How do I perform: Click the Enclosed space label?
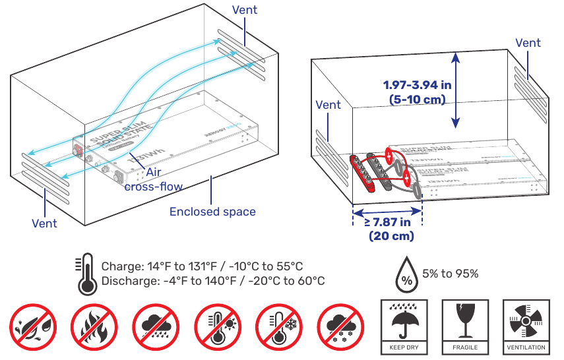(x=212, y=212)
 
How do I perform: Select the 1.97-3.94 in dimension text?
(x=418, y=92)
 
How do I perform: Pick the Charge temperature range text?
(x=202, y=266)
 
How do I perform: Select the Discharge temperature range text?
(x=212, y=282)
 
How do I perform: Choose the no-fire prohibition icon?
(x=94, y=326)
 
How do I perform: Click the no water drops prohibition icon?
(x=33, y=326)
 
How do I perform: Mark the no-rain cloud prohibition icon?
(x=156, y=326)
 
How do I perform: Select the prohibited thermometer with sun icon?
(x=217, y=326)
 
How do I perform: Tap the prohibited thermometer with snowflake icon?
(x=278, y=326)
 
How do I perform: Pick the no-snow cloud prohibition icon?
(x=340, y=326)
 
